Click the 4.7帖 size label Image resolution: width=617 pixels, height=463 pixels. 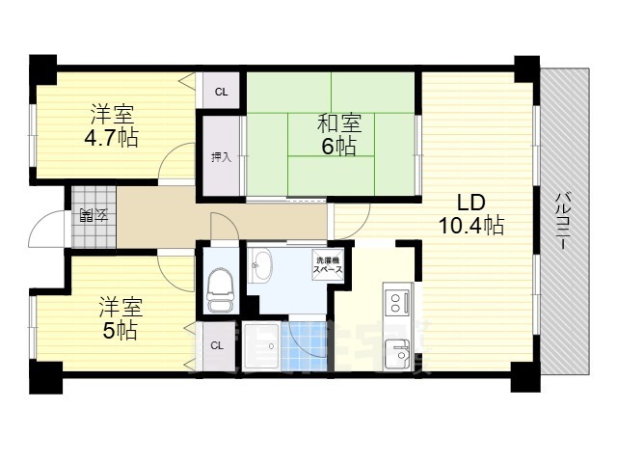pos(111,137)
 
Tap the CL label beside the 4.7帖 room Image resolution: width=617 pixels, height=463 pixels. pos(221,93)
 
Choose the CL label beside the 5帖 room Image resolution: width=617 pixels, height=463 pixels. pos(217,345)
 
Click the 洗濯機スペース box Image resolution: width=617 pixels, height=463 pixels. pos(326,264)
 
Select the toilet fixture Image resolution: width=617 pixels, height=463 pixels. pos(219,286)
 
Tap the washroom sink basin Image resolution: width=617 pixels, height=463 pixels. pos(262,265)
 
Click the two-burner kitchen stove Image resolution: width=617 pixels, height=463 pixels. pos(396,305)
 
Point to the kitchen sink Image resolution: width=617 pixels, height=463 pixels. pos(397,357)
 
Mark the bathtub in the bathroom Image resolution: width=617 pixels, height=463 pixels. pos(260,346)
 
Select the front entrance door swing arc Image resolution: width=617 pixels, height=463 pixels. pos(45,228)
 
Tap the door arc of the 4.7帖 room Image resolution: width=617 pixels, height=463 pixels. pos(176,163)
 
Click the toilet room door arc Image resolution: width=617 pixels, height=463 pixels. pos(224,228)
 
